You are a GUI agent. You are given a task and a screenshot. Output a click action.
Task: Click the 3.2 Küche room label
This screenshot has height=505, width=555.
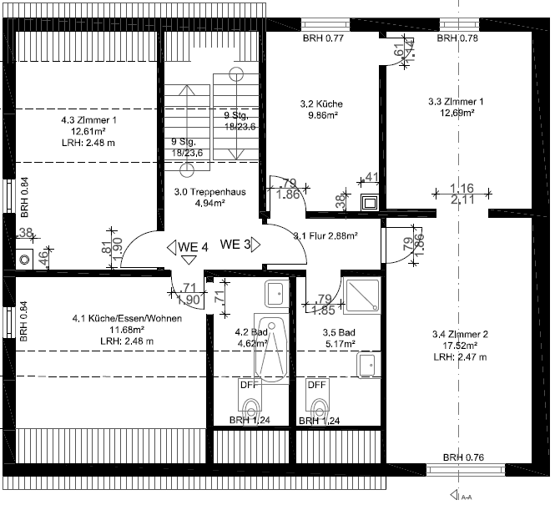[x=321, y=104]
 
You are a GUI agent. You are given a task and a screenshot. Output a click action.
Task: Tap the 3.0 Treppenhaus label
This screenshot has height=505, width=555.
[x=209, y=191]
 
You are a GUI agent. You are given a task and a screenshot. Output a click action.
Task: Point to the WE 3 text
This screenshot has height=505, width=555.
[x=235, y=245]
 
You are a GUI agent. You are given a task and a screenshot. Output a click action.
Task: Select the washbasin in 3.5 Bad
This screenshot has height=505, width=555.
[x=365, y=365]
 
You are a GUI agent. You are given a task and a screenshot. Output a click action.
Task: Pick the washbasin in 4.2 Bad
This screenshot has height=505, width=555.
[x=275, y=293]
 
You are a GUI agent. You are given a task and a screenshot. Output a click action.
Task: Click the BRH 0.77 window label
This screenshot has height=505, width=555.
[x=323, y=39]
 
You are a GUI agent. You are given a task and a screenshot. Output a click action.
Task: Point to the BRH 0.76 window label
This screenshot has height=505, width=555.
[x=463, y=457]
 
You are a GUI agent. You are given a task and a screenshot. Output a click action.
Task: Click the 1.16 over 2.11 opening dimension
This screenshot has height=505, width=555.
[x=462, y=194]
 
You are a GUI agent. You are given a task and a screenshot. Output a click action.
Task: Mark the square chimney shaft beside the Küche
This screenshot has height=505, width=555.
[x=369, y=202]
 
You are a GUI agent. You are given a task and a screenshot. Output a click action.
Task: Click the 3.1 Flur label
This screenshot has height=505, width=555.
[x=325, y=236]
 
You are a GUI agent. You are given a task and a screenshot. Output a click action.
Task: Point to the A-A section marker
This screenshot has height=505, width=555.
[x=461, y=494]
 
